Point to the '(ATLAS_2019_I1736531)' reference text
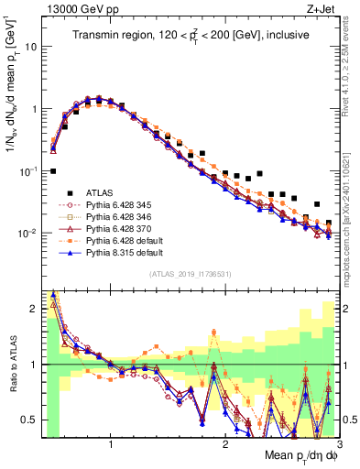pos(191,274)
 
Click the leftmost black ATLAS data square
pos(53,171)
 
